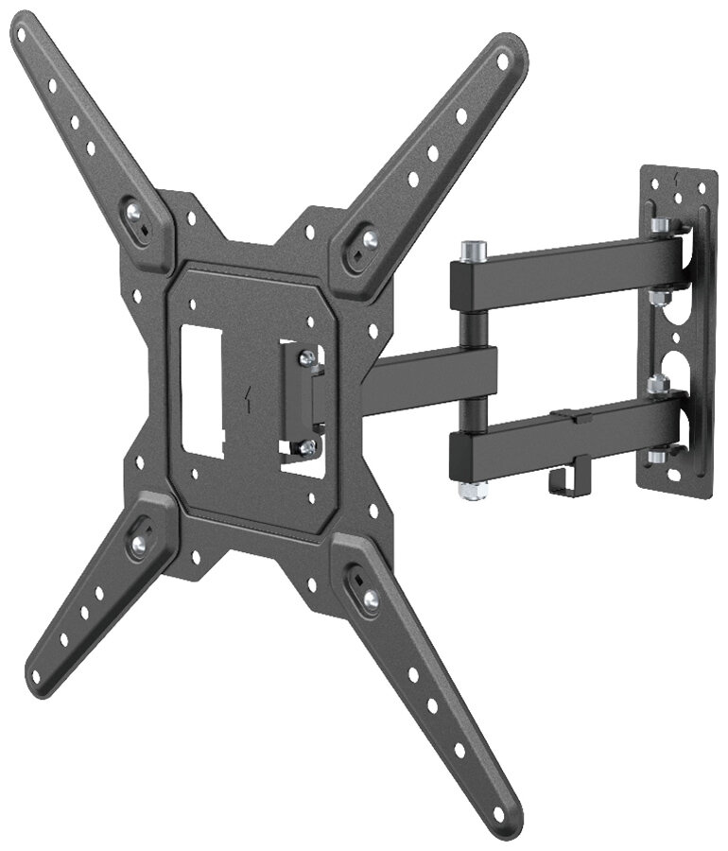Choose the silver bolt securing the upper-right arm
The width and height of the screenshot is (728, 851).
(x=369, y=240)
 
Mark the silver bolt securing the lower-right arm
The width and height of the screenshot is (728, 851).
(x=371, y=597)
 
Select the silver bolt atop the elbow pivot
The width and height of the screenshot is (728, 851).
(x=471, y=251)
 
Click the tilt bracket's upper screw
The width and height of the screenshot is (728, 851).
(x=307, y=358)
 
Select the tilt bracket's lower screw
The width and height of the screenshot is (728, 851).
(x=306, y=447)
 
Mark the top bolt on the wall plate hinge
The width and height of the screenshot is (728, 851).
(x=660, y=226)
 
